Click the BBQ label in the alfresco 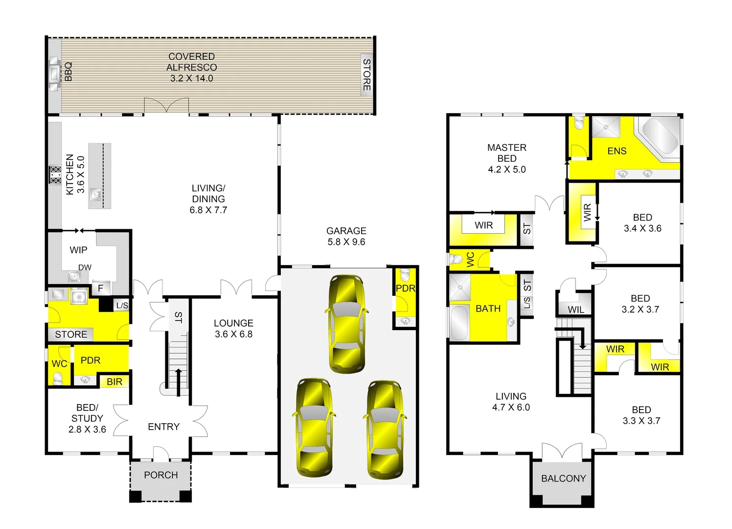(x=68, y=72)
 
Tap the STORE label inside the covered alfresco (x=366, y=74)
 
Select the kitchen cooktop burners (x=55, y=175)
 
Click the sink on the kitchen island (x=95, y=194)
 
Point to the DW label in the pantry (x=85, y=267)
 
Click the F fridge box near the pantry (x=101, y=289)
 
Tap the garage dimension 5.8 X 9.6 (x=346, y=242)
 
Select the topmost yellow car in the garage (x=347, y=323)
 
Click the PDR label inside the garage (x=406, y=289)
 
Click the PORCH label (x=161, y=475)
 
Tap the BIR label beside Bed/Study (x=114, y=382)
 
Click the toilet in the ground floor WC (x=58, y=378)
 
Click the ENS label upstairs (x=617, y=151)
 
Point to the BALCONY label (x=563, y=479)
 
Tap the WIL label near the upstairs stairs (x=576, y=310)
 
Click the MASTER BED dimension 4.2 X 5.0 (x=507, y=169)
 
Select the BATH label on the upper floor (x=488, y=309)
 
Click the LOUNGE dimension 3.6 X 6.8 (x=233, y=334)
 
